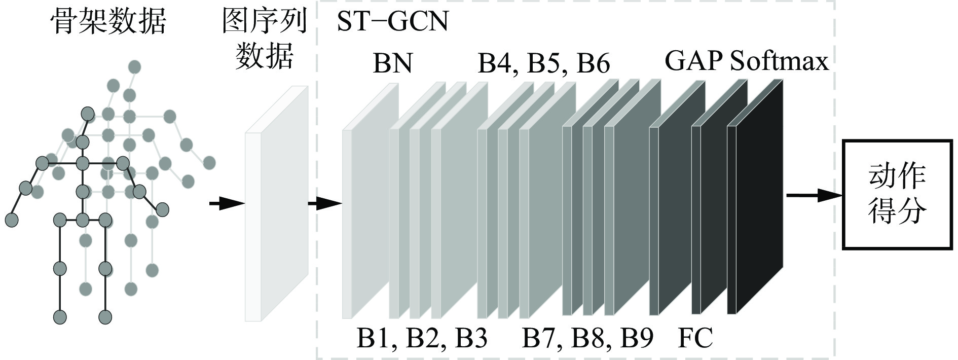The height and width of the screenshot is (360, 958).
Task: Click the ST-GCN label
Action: [393, 22]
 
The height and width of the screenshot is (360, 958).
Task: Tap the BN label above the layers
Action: [392, 63]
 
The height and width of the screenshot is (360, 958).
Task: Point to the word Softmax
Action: [780, 61]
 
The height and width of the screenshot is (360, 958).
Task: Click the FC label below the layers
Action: [695, 338]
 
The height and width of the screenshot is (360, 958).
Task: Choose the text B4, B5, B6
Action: [544, 64]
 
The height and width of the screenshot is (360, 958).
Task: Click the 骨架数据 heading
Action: [108, 21]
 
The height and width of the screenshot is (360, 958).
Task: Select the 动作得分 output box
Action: [897, 194]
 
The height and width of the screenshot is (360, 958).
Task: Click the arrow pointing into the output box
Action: [814, 195]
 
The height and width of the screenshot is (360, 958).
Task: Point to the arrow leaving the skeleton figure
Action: [227, 204]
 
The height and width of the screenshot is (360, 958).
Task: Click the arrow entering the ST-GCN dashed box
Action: [325, 204]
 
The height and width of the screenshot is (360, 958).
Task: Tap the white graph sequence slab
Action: [277, 203]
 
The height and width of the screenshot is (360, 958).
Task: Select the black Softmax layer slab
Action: [755, 197]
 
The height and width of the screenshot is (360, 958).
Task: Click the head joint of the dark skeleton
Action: [88, 113]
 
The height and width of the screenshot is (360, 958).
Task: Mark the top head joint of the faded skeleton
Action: [134, 66]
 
